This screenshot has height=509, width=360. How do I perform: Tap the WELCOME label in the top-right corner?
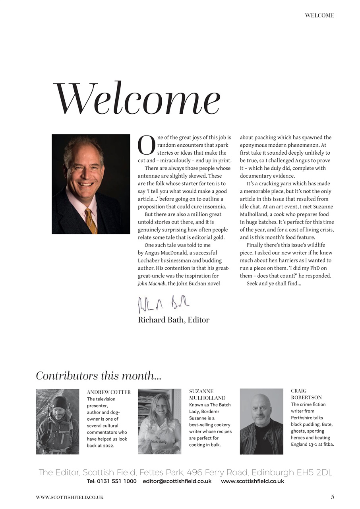click(x=319, y=16)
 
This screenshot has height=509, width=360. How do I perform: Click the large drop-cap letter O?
click(x=146, y=146)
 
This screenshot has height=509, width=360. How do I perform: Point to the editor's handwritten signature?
click(x=164, y=304)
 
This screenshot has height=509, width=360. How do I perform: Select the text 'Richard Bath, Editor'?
click(x=174, y=320)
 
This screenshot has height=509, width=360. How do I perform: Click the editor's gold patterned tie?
click(x=91, y=220)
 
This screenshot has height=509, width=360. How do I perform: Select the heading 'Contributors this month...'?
click(x=99, y=375)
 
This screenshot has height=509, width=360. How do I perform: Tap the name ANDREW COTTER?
click(x=108, y=392)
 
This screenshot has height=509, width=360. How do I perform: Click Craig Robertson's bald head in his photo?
click(x=261, y=402)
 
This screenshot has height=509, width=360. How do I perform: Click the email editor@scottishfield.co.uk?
click(x=177, y=481)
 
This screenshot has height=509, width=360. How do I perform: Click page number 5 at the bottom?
click(x=333, y=497)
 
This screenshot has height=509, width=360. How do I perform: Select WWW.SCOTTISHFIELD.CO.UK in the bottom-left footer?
click(x=70, y=497)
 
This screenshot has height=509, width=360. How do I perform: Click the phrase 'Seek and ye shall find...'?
click(x=274, y=284)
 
